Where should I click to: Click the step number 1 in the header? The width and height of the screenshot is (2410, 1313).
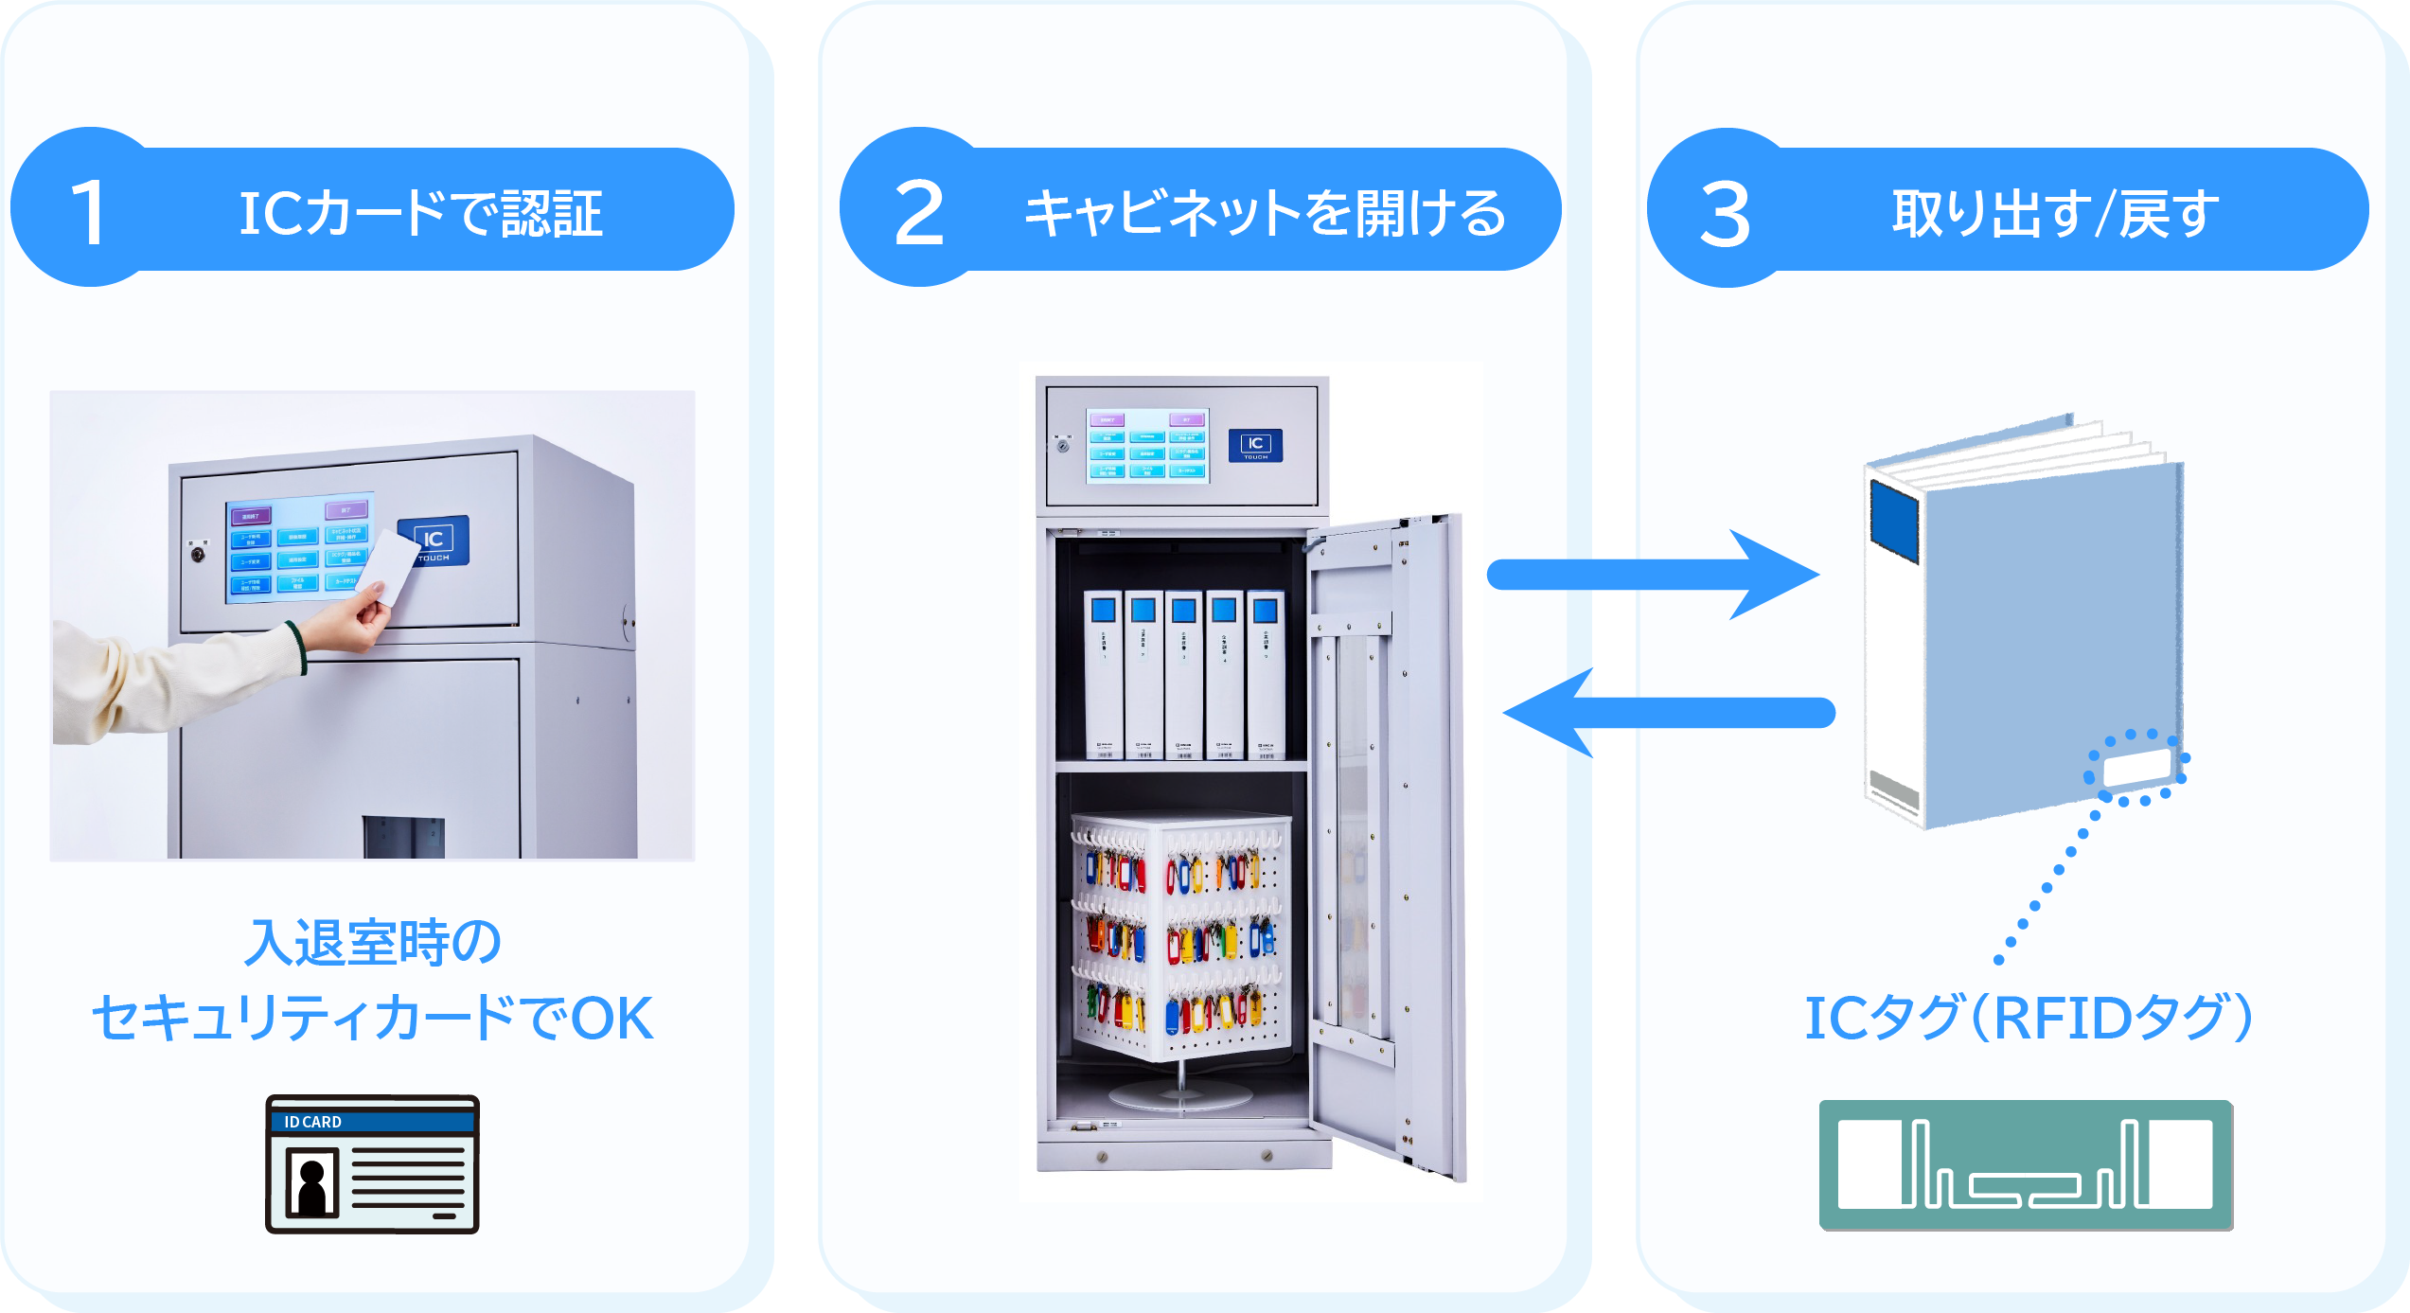tap(88, 213)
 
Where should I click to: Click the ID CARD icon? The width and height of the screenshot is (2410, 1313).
tap(372, 1163)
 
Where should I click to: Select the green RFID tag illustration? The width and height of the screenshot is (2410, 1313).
tap(2026, 1164)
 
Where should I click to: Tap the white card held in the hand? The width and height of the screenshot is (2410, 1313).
tap(389, 566)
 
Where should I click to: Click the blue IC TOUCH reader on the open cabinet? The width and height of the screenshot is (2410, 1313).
tap(1255, 445)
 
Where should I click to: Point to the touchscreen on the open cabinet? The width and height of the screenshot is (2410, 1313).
tap(1147, 445)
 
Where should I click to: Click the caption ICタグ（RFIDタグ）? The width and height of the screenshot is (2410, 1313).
tap(2028, 1018)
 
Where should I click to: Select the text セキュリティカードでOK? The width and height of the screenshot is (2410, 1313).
tap(372, 1019)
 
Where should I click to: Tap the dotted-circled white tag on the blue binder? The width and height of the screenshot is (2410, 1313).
tap(2137, 768)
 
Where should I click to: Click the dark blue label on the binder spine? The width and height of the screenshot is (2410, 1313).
tap(1894, 521)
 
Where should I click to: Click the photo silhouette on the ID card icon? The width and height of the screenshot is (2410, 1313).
tap(311, 1182)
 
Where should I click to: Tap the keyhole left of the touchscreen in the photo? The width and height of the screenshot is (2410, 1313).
tap(198, 554)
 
